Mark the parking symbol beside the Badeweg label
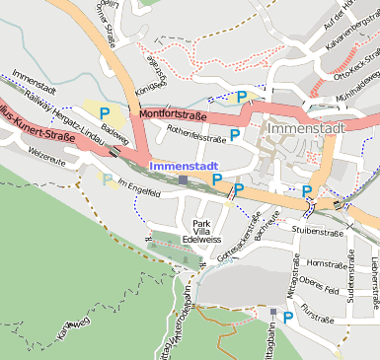click(x=105, y=113)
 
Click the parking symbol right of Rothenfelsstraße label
click(x=235, y=134)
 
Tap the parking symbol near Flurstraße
click(x=287, y=317)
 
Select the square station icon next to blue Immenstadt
click(x=183, y=180)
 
